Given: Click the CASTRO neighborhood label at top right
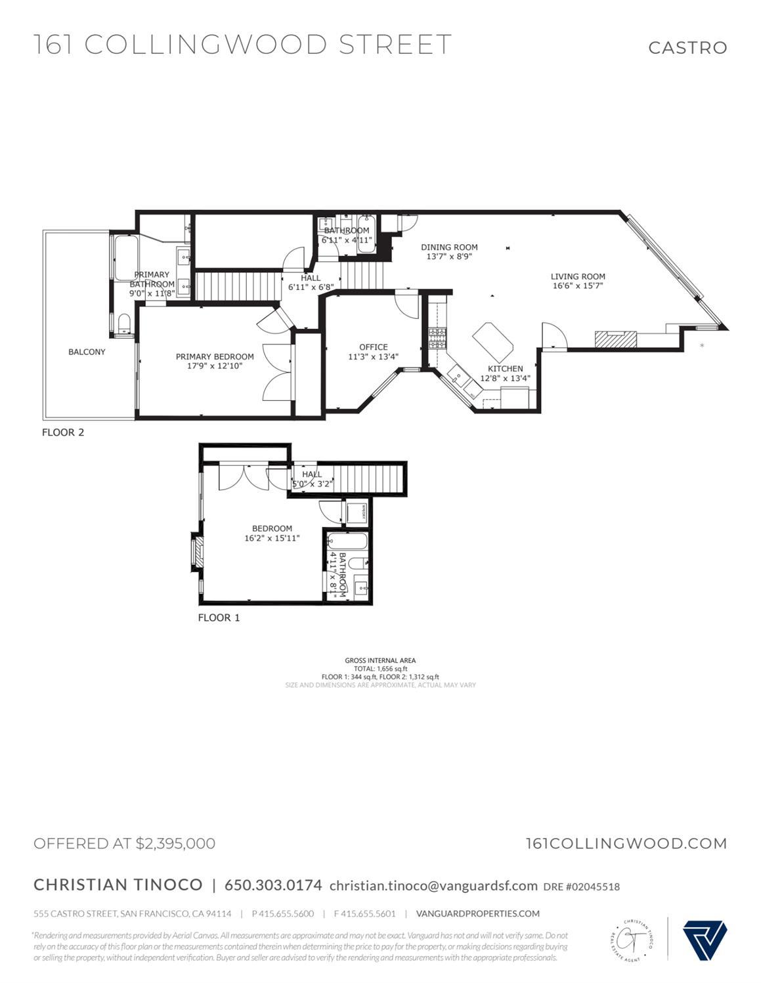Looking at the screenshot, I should (x=687, y=47).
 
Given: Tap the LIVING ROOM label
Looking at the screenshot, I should (x=577, y=276).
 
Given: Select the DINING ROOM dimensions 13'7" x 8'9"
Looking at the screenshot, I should (x=449, y=257).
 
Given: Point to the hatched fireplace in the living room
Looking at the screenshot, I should (x=615, y=339).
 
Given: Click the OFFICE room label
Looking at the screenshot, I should (x=373, y=347).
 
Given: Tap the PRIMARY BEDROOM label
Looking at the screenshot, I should (x=214, y=356).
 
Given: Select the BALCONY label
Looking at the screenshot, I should (x=87, y=352).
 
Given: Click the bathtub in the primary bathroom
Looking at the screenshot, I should (x=125, y=257).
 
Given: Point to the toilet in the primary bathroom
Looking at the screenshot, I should (x=124, y=323).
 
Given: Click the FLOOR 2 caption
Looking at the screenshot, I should (x=63, y=432).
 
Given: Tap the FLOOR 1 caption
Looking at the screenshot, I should (x=219, y=617).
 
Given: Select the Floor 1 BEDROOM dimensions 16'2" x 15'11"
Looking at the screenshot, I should (x=272, y=538).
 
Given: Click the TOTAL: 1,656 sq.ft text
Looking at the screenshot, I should (x=380, y=669).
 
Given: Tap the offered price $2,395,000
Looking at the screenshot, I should (x=175, y=843).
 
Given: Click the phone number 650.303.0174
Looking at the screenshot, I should (x=273, y=885).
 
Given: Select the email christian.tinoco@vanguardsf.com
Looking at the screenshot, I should (x=433, y=885).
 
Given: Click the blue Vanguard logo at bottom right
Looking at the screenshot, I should (x=705, y=940).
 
